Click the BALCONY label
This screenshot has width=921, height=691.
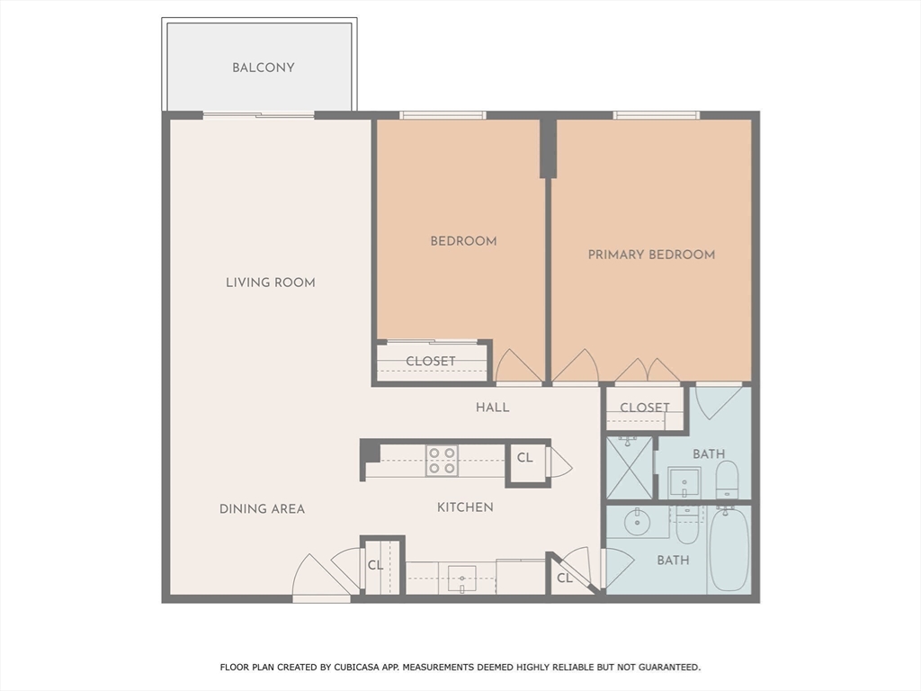[263, 67]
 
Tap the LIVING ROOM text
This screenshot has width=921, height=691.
[270, 283]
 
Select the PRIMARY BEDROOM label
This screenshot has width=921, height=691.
[651, 255]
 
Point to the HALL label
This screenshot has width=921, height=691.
[492, 408]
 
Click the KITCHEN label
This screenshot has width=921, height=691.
[465, 507]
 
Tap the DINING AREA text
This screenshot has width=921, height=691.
[262, 509]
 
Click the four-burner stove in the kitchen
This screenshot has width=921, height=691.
[442, 461]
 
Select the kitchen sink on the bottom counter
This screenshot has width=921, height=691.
[462, 578]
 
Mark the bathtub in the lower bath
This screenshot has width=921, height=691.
[729, 549]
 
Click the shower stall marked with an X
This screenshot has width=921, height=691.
[629, 468]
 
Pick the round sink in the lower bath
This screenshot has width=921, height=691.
[638, 521]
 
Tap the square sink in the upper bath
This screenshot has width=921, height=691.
[684, 482]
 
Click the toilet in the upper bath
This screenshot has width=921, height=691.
[727, 480]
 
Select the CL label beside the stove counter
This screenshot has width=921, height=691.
[525, 458]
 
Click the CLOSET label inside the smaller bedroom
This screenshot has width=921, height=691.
[431, 362]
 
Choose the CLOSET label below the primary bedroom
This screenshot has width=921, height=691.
[645, 408]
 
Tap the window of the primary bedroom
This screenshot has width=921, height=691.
[656, 115]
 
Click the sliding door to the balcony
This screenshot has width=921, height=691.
[259, 115]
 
